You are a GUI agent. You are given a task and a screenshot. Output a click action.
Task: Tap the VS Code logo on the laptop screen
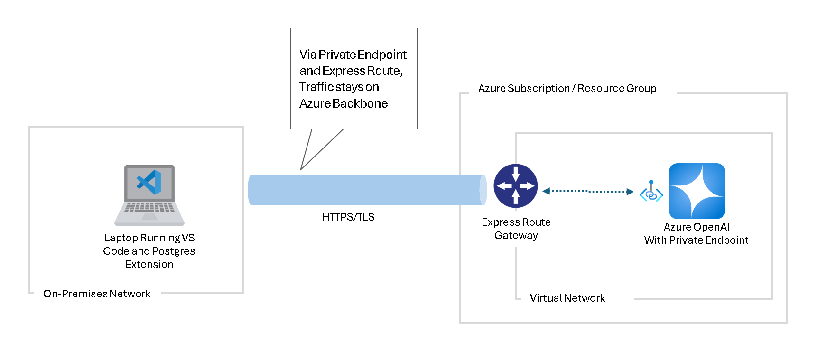[x=149, y=183]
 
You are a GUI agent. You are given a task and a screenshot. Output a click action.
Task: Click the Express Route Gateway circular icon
[x=516, y=186]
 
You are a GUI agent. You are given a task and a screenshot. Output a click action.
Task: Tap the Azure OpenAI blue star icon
[x=697, y=191]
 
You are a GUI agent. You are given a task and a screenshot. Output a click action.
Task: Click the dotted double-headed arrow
[x=588, y=192]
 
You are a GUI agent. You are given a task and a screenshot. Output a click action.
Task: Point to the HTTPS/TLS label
[x=348, y=217]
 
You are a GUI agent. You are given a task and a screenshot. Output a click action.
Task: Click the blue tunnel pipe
[x=365, y=190]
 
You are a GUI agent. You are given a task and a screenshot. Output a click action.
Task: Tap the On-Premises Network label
[x=97, y=294]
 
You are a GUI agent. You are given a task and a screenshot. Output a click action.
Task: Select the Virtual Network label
[x=567, y=298]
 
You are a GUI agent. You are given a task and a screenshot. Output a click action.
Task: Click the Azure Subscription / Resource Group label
[x=567, y=89]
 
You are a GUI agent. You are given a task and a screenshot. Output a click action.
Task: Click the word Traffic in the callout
[x=316, y=87]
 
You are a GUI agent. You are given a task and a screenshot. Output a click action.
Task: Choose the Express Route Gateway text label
[x=516, y=229]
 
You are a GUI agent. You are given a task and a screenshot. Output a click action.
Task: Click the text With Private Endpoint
[x=696, y=240]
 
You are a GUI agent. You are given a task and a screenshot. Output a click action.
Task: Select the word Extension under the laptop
[x=149, y=265]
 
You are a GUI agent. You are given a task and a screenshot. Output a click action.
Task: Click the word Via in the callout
[x=307, y=55]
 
